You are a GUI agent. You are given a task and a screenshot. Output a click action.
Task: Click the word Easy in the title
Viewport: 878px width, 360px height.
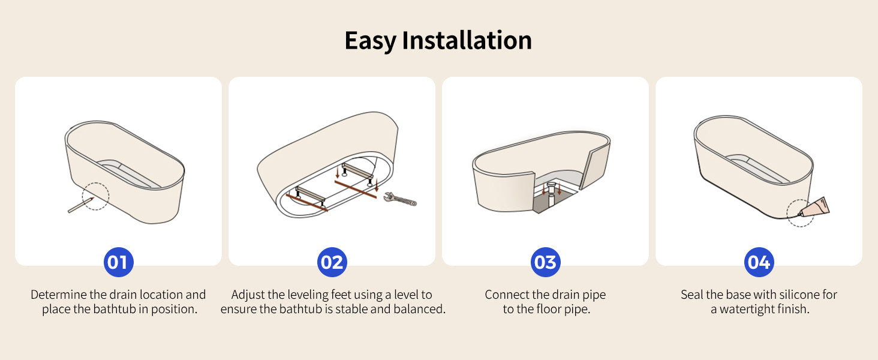click(x=371, y=41)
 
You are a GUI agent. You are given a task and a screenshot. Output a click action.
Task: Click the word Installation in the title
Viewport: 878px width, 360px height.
click(x=467, y=40)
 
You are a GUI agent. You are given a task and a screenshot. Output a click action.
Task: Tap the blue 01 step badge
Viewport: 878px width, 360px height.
click(x=118, y=262)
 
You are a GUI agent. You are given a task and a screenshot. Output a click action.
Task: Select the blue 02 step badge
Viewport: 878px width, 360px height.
click(x=332, y=262)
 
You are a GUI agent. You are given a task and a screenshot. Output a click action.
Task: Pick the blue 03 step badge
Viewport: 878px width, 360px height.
click(x=546, y=262)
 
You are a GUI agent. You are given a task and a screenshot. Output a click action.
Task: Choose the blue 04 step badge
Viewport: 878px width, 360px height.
click(x=759, y=262)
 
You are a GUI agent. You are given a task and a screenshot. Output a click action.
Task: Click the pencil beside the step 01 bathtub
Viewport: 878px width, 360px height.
click(x=81, y=205)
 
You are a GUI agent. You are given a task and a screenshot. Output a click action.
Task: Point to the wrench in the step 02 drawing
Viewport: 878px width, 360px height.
click(x=400, y=199)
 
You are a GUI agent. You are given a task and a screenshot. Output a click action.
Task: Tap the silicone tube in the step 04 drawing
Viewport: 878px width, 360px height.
click(x=814, y=207)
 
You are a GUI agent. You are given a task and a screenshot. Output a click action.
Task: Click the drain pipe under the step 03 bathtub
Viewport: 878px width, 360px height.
click(x=551, y=194)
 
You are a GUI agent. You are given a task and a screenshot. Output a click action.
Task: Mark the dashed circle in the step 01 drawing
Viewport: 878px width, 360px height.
click(x=95, y=183)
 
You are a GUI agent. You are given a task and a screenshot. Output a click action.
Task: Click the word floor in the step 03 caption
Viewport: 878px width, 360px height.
click(x=549, y=309)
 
